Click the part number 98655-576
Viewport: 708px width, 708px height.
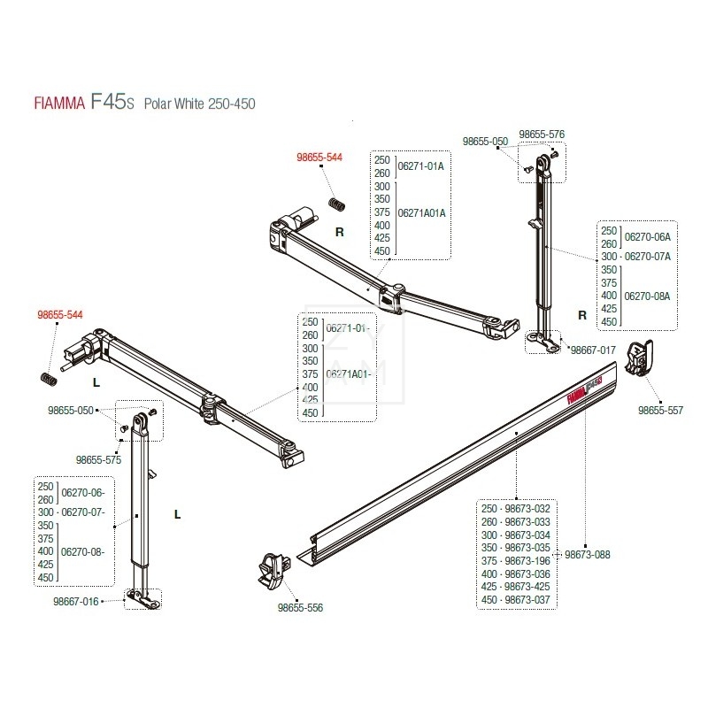click(541, 135)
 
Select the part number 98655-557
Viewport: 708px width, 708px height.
click(660, 411)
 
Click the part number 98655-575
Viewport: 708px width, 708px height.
click(98, 459)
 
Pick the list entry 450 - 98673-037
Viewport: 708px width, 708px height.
click(515, 600)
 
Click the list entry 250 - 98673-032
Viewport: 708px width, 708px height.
click(515, 509)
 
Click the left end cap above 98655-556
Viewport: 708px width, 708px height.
click(273, 567)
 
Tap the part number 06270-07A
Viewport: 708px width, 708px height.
click(648, 256)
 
